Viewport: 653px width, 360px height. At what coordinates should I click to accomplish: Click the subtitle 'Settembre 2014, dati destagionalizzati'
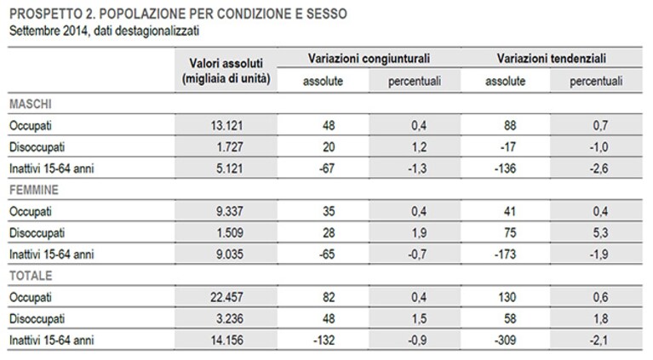(x=104, y=31)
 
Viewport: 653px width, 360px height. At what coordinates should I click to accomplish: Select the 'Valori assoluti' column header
(x=226, y=63)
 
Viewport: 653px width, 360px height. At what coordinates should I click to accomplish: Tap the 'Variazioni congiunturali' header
(x=369, y=58)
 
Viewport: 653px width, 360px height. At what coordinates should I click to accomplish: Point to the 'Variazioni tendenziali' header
(x=552, y=58)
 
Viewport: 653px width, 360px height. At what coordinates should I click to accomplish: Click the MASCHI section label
(x=31, y=104)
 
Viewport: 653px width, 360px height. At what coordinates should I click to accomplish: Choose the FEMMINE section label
(x=34, y=190)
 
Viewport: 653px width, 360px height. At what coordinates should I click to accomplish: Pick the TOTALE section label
(x=31, y=276)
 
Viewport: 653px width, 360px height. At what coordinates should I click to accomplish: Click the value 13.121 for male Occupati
(x=226, y=126)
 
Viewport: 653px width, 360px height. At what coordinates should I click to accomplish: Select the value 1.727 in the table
(x=230, y=147)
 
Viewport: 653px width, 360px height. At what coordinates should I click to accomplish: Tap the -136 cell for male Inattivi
(x=505, y=169)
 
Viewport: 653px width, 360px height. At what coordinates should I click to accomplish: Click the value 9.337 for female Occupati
(x=230, y=211)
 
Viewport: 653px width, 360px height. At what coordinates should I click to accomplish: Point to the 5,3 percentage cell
(x=600, y=233)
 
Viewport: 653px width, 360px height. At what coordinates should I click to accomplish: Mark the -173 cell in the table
(x=505, y=254)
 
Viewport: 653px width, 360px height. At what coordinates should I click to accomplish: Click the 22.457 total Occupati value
(x=226, y=298)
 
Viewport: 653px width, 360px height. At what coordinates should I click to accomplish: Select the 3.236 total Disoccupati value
(x=230, y=319)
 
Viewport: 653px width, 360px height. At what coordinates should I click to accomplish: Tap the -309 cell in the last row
(x=505, y=340)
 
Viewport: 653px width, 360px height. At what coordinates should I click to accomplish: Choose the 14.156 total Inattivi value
(x=226, y=340)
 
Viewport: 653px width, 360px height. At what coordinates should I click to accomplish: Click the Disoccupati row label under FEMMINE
(x=37, y=233)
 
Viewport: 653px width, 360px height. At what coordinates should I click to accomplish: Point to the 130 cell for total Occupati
(x=507, y=298)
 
